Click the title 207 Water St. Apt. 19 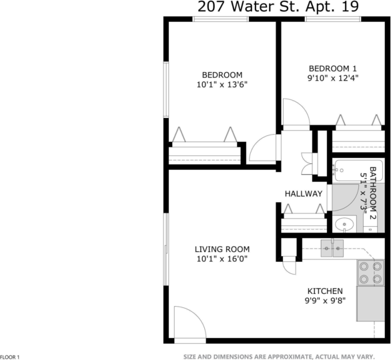(278, 7)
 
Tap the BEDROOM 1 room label (333, 68)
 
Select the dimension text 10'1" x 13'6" (222, 85)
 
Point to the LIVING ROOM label (223, 249)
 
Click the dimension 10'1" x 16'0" (223, 259)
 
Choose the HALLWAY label (304, 194)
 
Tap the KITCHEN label (325, 291)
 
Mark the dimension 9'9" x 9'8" (325, 301)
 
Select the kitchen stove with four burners (370, 271)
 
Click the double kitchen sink (332, 249)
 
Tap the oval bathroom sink (344, 224)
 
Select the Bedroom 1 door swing (296, 113)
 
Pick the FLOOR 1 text (11, 357)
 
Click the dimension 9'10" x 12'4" (333, 78)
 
